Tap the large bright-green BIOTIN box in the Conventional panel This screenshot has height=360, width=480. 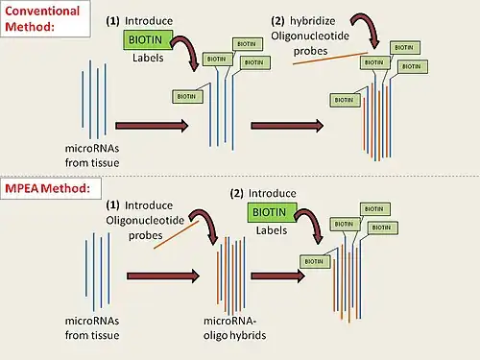[x=147, y=38]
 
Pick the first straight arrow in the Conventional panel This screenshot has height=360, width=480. [x=152, y=125]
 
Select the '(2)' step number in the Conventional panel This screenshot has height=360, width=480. [x=278, y=20]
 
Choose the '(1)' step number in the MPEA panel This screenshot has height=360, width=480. [x=112, y=204]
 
